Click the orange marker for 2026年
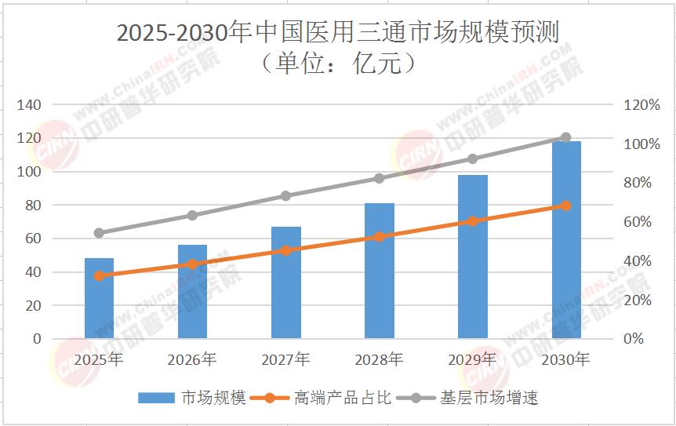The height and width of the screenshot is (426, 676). pos(192,264)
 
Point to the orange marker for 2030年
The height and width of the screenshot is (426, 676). pos(566,206)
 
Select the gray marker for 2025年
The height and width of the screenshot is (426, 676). pos(99,233)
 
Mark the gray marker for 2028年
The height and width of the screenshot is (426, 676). pos(380,178)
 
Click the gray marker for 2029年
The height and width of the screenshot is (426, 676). pos(473,158)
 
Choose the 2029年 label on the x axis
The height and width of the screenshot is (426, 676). pos(473,359)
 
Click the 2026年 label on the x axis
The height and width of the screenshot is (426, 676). pos(192,359)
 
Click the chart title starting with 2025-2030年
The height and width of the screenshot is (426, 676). pos(338,34)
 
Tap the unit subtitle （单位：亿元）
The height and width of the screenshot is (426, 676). pos(338,64)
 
